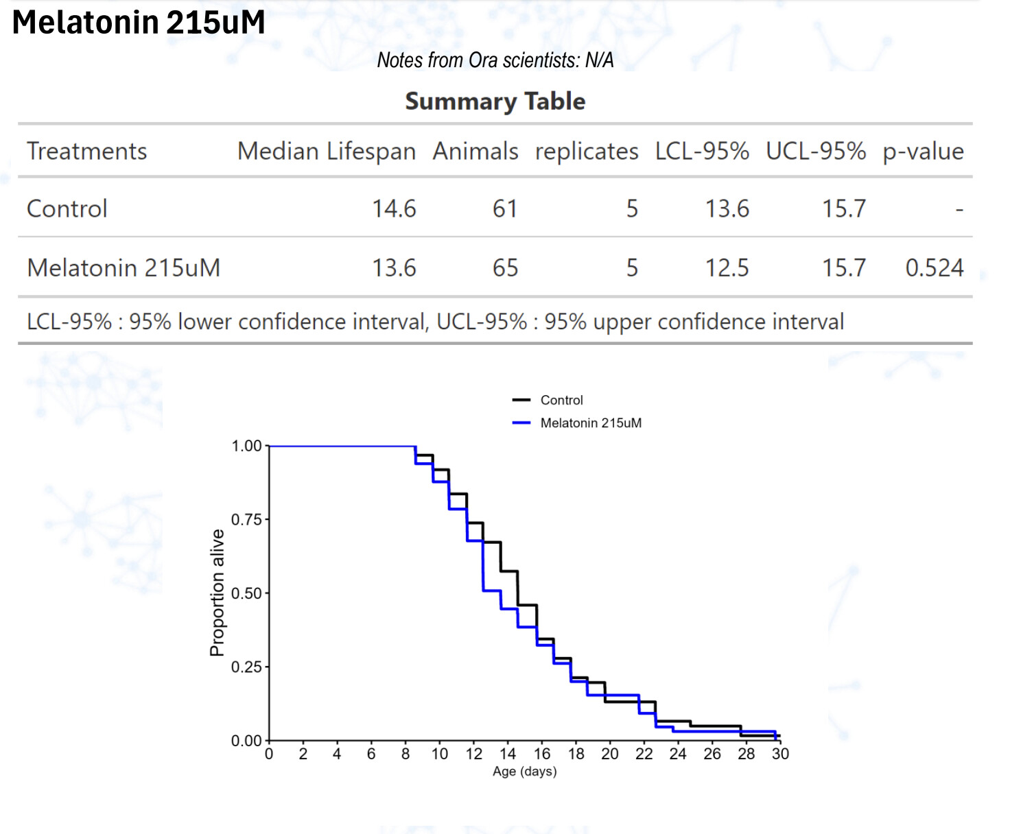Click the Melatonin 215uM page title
click(139, 23)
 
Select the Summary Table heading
click(495, 102)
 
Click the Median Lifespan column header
click(326, 151)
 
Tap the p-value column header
click(923, 151)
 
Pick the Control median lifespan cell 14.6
click(394, 208)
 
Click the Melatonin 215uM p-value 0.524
click(934, 267)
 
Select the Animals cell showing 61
click(505, 208)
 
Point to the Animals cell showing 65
click(505, 267)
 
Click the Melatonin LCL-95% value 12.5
click(727, 267)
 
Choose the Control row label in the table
click(67, 208)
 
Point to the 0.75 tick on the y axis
click(246, 520)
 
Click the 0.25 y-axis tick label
click(246, 667)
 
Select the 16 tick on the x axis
click(542, 754)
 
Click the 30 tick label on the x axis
click(780, 754)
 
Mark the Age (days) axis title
click(524, 772)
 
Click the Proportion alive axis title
click(218, 593)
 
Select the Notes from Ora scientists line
click(495, 60)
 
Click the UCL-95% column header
click(815, 151)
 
